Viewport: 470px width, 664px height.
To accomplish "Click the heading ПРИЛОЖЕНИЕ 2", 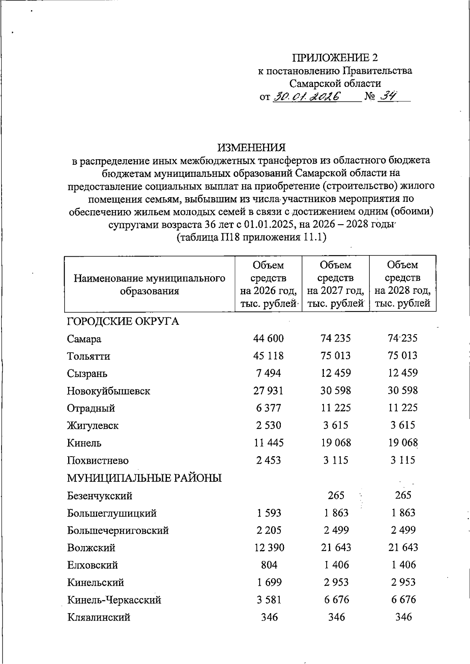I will pos(335,58).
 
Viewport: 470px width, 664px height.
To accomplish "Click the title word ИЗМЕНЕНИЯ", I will pos(251,148).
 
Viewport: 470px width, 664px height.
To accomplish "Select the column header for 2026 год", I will pos(269,284).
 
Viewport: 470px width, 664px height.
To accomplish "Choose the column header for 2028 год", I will pos(403,284).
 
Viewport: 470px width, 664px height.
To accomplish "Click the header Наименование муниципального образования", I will pos(150,284).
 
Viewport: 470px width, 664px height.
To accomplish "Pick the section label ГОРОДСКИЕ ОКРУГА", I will pos(123,322).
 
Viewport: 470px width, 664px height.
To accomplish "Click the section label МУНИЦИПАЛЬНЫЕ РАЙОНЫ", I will pos(145,478).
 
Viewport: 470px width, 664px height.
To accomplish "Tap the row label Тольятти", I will pos(89,356).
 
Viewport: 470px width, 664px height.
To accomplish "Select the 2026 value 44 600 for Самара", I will pos(269,338).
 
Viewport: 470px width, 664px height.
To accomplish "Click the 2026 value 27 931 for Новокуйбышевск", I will pos(269,390).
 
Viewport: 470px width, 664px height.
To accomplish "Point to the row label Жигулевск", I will pos(93,426).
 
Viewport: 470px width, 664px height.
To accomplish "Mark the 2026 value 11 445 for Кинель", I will pos(269,443).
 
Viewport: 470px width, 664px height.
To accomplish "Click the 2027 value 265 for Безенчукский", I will pos(336,495).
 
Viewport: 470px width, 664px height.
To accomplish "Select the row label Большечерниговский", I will pos(118,531).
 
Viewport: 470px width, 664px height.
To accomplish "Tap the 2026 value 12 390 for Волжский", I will pos(269,548).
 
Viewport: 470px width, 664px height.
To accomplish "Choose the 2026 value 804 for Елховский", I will pos(269,565).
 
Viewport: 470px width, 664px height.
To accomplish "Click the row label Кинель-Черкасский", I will pos(114,600).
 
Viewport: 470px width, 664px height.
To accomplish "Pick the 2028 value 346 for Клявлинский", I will pos(403,617).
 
